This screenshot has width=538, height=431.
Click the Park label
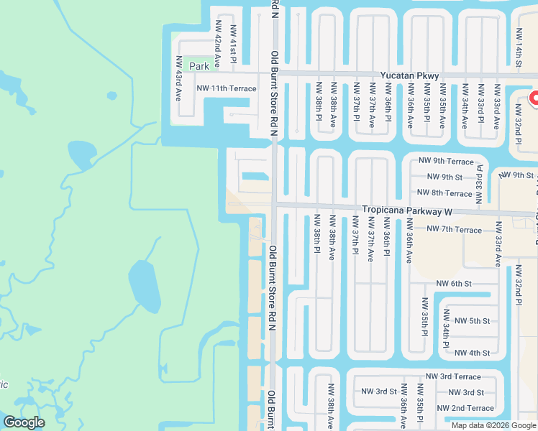pyautogui.click(x=199, y=66)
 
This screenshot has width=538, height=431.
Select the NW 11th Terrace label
pyautogui.click(x=227, y=88)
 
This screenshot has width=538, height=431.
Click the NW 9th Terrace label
pyautogui.click(x=448, y=162)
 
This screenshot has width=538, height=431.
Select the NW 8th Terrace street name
pyautogui.click(x=444, y=193)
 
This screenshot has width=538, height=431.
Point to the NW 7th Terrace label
pyautogui.click(x=454, y=229)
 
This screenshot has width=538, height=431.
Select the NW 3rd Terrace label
pyautogui.click(x=453, y=376)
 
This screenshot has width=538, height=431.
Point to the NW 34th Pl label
pyautogui.click(x=447, y=329)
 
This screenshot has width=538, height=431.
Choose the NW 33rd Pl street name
pyautogui.click(x=480, y=185)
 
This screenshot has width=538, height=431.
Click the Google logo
pyautogui.click(x=24, y=422)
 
